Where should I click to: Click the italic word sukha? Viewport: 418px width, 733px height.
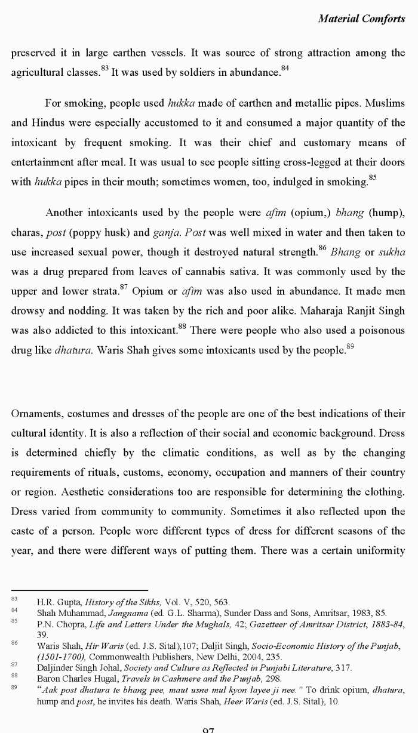pos(392,252)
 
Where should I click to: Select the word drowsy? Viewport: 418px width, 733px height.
pos(27,310)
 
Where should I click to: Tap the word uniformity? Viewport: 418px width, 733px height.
pos(379,551)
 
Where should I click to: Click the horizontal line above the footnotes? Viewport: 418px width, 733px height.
pos(79,590)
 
